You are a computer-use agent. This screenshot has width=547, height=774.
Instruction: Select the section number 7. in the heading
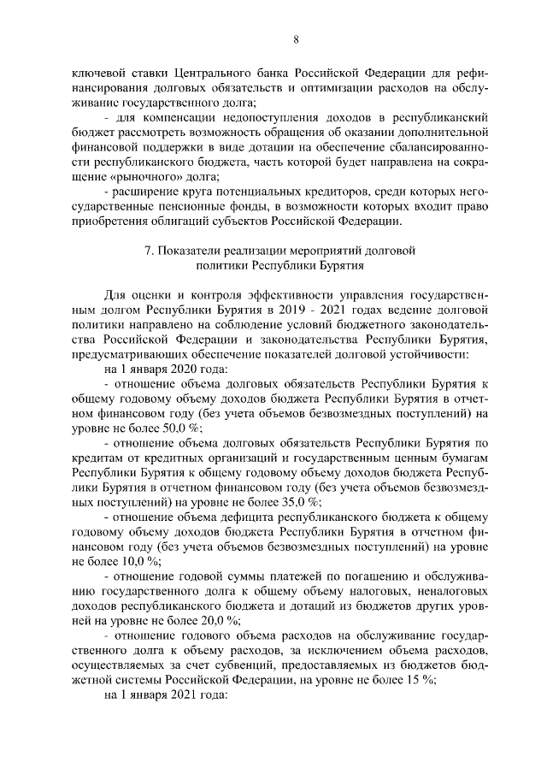coord(149,251)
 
